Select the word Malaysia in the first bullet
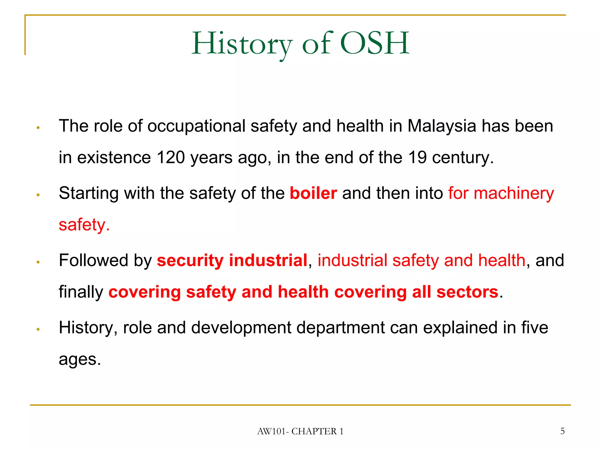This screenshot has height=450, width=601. click(x=442, y=126)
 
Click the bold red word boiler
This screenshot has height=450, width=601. click(x=313, y=193)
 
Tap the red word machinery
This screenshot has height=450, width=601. click(x=514, y=193)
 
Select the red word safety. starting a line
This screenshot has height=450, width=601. click(x=84, y=225)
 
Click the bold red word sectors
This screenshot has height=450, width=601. click(x=467, y=292)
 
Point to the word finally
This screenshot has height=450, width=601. click(x=81, y=292)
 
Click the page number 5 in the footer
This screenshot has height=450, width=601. click(x=562, y=431)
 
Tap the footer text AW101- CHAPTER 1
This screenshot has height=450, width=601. click(x=300, y=432)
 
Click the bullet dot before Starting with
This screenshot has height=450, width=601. click(x=38, y=195)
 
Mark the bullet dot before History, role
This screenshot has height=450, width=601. click(x=38, y=329)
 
